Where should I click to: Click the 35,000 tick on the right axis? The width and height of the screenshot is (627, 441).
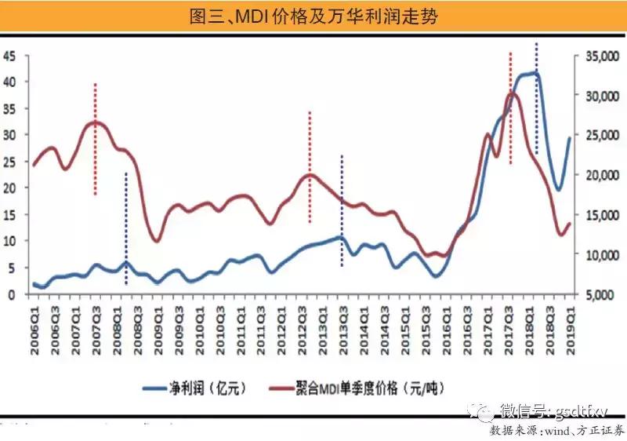pyautogui.click(x=598, y=56)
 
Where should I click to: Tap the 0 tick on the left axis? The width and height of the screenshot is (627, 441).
pyautogui.click(x=13, y=294)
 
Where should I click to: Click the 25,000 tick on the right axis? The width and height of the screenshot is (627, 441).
pyautogui.click(x=598, y=135)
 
